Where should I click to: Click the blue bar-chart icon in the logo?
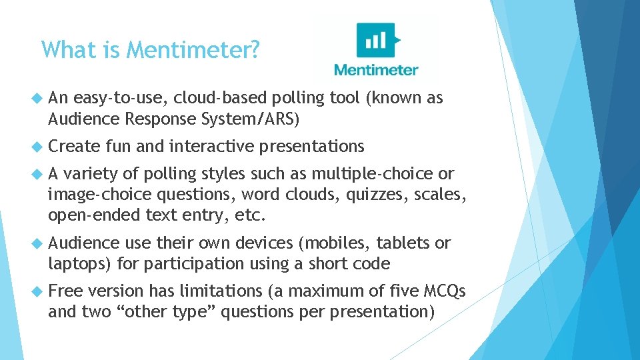tap(377, 41)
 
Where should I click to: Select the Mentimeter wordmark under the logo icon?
tap(376, 70)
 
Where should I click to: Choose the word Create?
tap(74, 146)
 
